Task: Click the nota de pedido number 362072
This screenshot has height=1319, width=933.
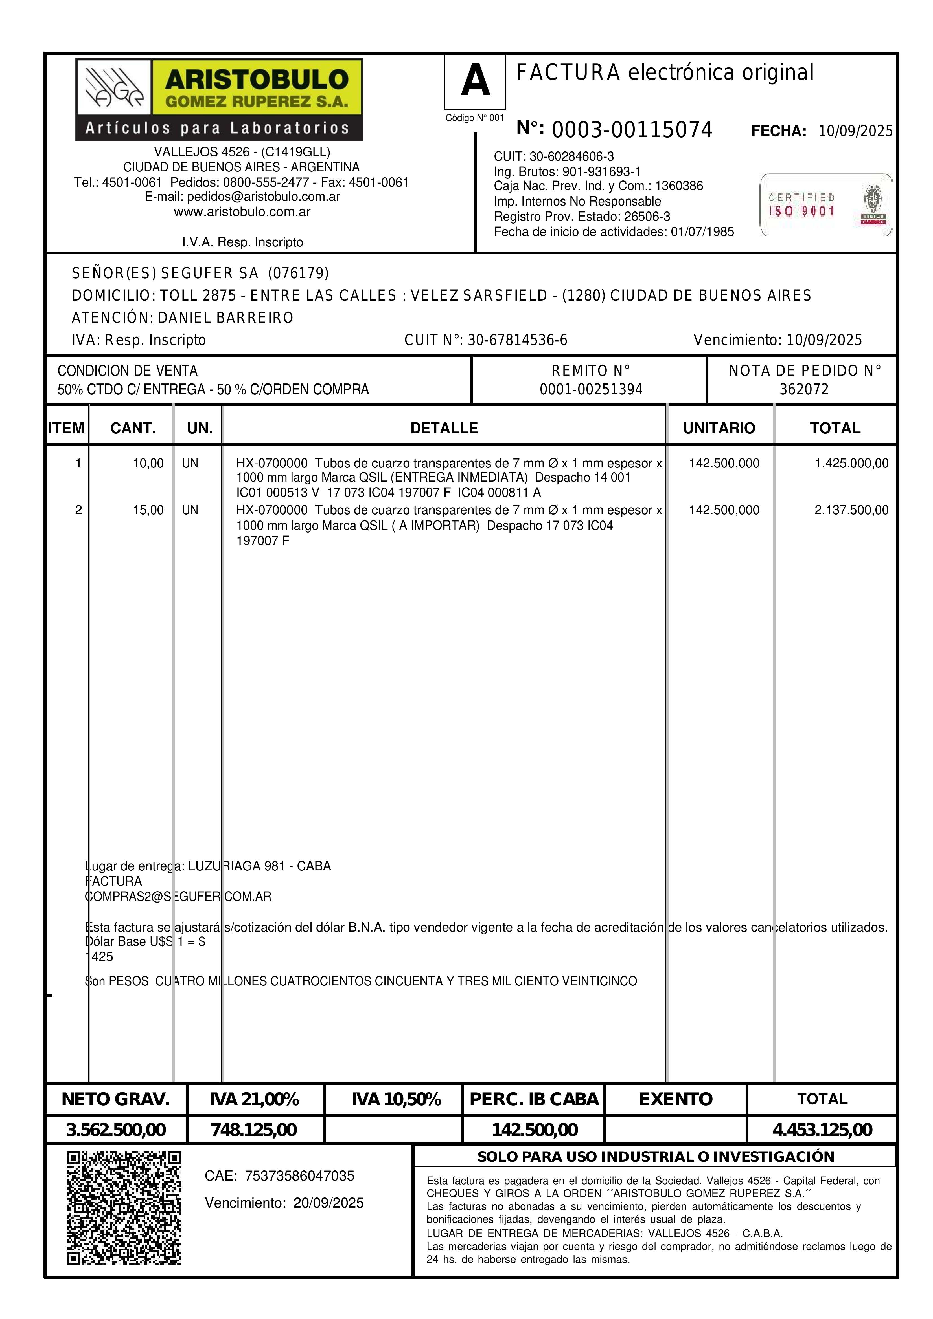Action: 804,389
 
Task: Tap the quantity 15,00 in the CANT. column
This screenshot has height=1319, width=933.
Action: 148,510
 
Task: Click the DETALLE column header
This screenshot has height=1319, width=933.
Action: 444,428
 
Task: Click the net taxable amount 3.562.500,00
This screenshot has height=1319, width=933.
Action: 116,1130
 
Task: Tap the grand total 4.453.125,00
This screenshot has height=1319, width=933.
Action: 822,1130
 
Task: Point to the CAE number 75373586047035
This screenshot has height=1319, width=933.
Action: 299,1176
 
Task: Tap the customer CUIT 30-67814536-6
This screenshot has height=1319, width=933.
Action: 517,340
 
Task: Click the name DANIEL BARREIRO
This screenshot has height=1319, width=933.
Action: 225,318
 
